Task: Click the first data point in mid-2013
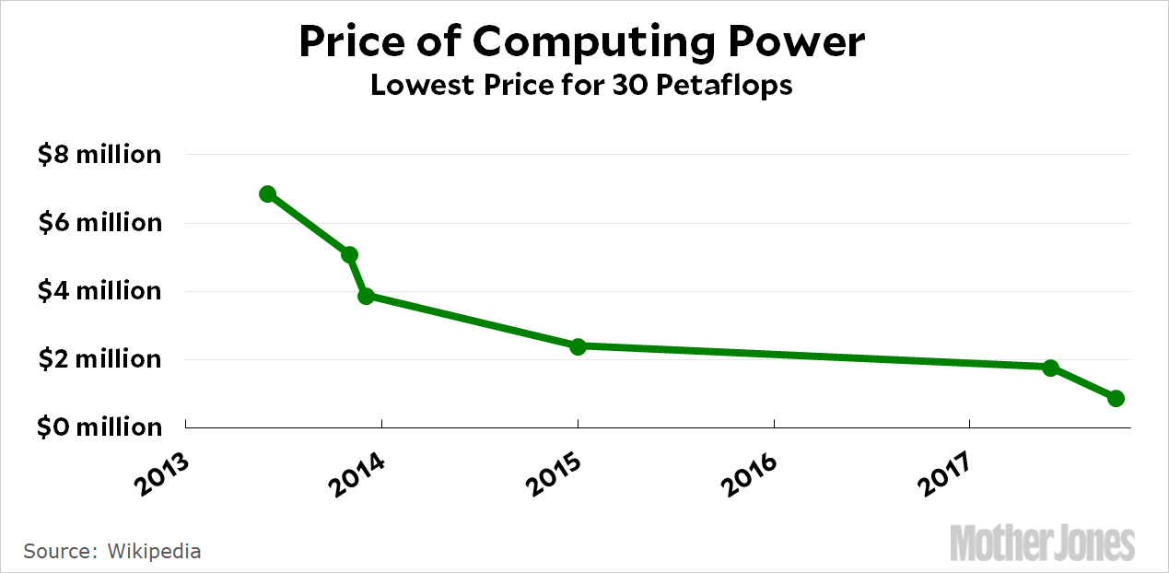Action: click(268, 193)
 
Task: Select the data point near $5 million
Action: click(349, 254)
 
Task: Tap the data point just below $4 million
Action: click(366, 296)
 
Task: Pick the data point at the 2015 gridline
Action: click(578, 346)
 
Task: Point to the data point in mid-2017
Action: click(1050, 368)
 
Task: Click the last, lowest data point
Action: click(1116, 398)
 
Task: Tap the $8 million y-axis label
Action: click(99, 155)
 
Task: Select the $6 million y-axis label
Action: click(99, 223)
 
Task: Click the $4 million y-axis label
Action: click(99, 291)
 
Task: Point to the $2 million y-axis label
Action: click(99, 359)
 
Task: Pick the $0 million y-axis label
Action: click(99, 427)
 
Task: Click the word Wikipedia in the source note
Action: click(154, 551)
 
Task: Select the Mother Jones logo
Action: click(1042, 542)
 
